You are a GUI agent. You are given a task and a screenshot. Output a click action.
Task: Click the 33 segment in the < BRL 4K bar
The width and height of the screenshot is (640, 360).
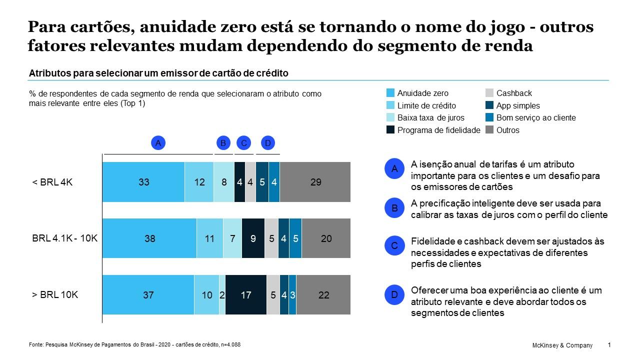pyautogui.click(x=143, y=182)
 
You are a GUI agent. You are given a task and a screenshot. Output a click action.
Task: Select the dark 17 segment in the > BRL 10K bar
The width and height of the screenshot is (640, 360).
pyautogui.click(x=245, y=295)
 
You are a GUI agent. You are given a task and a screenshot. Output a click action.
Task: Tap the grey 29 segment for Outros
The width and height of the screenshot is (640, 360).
pyautogui.click(x=315, y=182)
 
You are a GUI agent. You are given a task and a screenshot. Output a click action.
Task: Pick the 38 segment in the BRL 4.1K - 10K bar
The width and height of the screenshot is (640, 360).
pyautogui.click(x=149, y=238)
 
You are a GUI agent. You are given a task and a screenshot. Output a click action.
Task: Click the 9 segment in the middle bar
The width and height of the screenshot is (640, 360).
pyautogui.click(x=253, y=238)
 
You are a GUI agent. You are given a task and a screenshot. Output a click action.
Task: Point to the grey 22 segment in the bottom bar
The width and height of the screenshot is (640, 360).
pyautogui.click(x=323, y=295)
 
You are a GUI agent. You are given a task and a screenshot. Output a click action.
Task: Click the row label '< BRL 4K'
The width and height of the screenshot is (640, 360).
pyautogui.click(x=52, y=182)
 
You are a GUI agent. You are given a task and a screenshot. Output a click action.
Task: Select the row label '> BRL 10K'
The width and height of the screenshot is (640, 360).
pyautogui.click(x=55, y=294)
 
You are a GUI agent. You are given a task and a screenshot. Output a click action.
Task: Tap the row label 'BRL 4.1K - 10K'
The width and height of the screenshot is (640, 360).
pyautogui.click(x=64, y=238)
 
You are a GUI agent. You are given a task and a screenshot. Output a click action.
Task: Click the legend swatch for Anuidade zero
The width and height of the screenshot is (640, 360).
pyautogui.click(x=390, y=93)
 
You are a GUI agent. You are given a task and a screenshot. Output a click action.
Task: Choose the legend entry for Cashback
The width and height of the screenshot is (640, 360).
pyautogui.click(x=513, y=93)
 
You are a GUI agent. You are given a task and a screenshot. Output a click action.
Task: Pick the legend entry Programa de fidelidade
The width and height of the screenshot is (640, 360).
pyautogui.click(x=438, y=130)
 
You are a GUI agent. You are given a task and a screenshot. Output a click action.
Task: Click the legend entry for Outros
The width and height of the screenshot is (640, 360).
pyautogui.click(x=507, y=130)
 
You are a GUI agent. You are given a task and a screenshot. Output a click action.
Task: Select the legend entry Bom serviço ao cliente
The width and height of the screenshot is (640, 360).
pyautogui.click(x=535, y=118)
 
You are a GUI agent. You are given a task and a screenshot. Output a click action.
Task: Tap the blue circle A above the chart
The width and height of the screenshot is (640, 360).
pyautogui.click(x=158, y=143)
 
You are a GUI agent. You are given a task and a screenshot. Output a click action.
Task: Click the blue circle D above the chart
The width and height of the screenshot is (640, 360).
pyautogui.click(x=268, y=143)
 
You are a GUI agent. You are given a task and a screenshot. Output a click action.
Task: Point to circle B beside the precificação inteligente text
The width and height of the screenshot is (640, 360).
pyautogui.click(x=394, y=208)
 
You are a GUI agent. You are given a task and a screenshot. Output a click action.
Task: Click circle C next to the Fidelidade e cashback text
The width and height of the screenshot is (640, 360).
pyautogui.click(x=394, y=245)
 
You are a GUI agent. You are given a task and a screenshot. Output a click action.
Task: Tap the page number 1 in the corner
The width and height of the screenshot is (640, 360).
pyautogui.click(x=609, y=345)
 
